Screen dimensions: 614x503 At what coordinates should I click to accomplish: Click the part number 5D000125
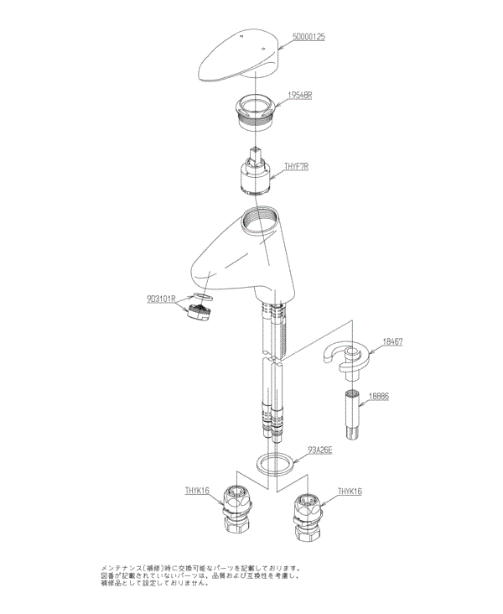309,38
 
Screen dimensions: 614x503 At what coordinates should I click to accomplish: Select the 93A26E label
321,450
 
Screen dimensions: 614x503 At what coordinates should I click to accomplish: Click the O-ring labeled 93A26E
276,462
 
